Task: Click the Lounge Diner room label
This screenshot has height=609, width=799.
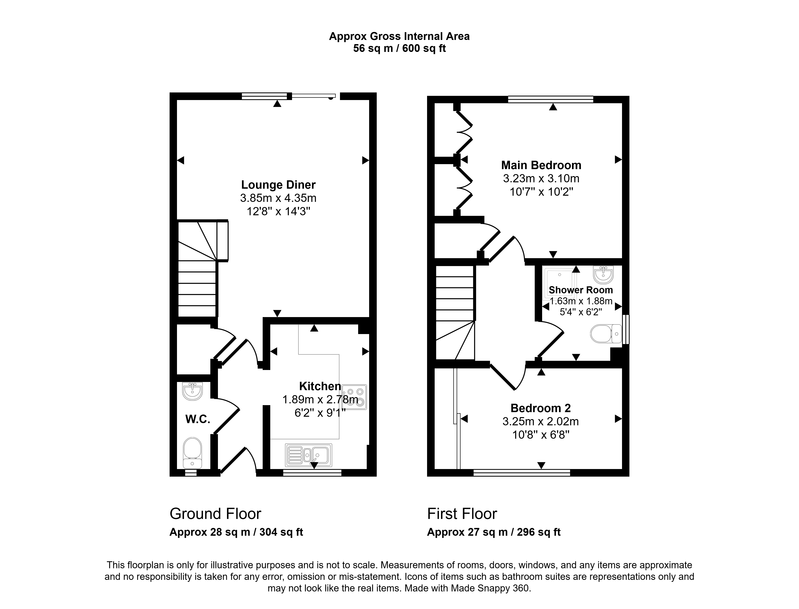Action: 278,185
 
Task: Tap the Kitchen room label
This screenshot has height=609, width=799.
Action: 320,386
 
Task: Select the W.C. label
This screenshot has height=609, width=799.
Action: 198,420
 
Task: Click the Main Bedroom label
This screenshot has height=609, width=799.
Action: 541,165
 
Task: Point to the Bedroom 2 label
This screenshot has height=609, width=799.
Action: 540,408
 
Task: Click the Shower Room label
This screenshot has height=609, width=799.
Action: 581,290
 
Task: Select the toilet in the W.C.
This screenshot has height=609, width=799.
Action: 192,453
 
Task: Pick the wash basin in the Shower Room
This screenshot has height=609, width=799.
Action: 603,275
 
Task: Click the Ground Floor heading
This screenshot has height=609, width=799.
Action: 216,514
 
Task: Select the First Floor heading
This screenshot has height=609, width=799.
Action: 462,514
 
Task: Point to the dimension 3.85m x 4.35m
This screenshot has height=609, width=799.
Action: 278,198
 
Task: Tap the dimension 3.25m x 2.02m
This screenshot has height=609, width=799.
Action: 540,422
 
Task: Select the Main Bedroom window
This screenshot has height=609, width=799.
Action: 551,99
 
